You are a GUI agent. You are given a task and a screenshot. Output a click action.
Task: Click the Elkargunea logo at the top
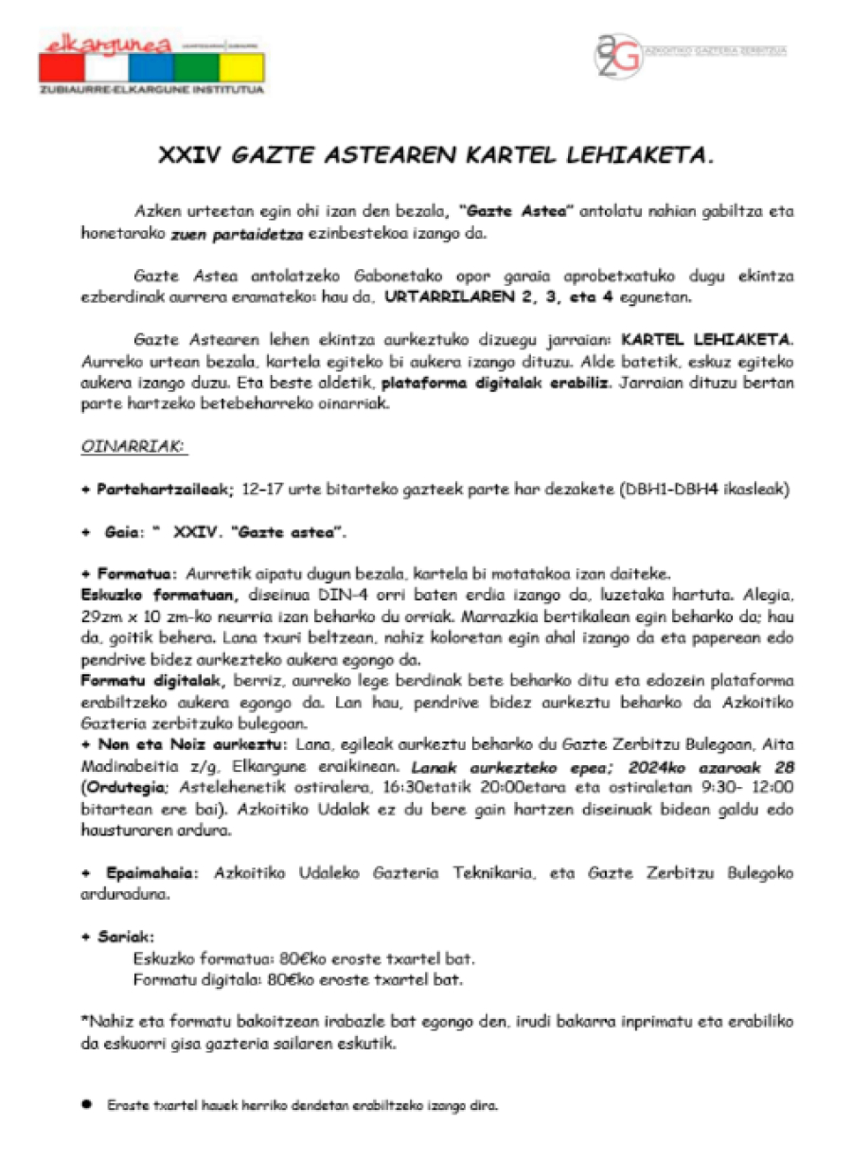(151, 62)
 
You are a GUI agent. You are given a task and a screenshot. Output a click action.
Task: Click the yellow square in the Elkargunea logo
(241, 68)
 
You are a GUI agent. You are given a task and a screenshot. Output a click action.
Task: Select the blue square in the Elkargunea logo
(151, 68)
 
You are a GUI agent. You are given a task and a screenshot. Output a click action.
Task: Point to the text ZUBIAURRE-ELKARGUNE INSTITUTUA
(151, 90)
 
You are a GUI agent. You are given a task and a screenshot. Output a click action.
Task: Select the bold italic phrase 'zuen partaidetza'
(223, 233)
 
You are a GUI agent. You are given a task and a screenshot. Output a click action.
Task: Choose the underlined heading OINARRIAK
(133, 443)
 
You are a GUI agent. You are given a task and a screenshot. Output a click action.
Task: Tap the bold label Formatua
(136, 574)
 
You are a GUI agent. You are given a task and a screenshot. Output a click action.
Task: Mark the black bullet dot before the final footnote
(86, 1104)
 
